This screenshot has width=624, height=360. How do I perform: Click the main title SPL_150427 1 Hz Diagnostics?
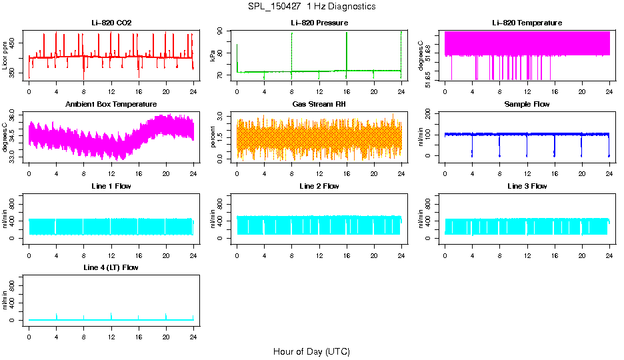[311, 7]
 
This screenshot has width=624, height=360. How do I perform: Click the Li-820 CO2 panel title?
[111, 23]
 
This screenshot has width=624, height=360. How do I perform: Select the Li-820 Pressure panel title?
[319, 23]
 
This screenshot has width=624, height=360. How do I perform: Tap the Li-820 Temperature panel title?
[527, 23]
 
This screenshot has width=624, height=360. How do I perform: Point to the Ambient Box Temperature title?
[111, 105]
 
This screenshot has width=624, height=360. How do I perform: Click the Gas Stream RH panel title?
[319, 105]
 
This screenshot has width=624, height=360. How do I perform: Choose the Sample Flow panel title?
[527, 105]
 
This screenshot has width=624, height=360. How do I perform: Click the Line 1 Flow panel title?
[111, 186]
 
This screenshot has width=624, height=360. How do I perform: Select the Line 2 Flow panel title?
[319, 186]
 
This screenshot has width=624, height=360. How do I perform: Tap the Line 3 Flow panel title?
[527, 186]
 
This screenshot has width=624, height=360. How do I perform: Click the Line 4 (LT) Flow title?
[111, 267]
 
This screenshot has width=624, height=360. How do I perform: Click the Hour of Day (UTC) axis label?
[311, 351]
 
